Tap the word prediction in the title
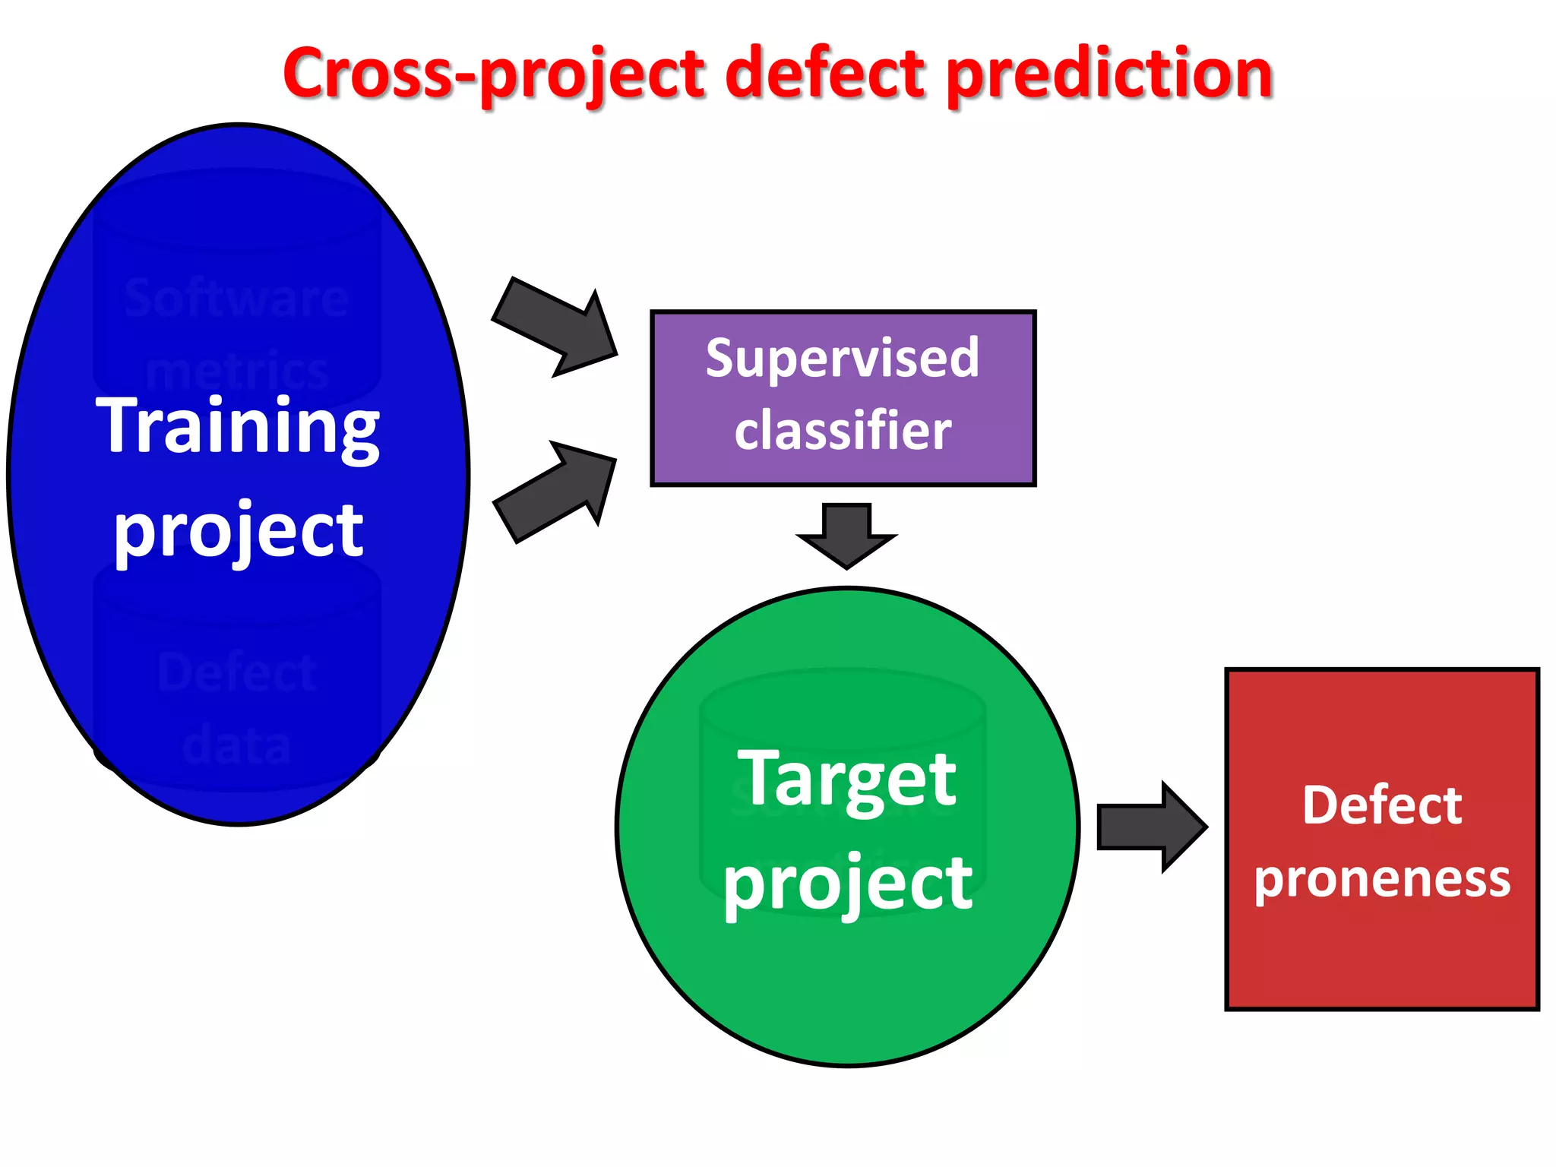tap(1109, 74)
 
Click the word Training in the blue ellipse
tap(238, 427)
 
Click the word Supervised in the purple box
tap(842, 359)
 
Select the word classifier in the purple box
tap(842, 431)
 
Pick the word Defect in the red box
tap(1381, 805)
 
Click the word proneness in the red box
tap(1381, 879)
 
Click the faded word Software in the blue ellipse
tap(236, 299)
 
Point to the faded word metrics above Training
tap(236, 372)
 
